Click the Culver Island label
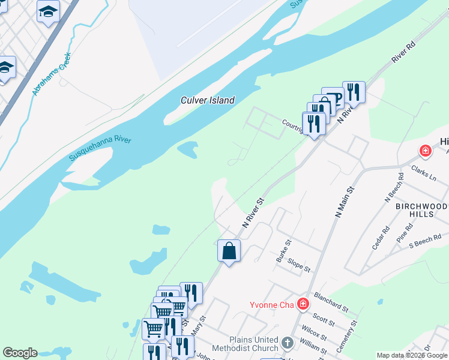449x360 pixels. pos(208,100)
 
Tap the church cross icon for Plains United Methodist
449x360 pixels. pos(288,344)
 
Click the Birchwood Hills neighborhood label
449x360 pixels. pos(421,211)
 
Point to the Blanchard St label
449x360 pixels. pos(331,304)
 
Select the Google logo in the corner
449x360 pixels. pos(20,353)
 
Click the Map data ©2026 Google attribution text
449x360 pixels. pos(412,355)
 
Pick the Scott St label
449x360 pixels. pos(324,320)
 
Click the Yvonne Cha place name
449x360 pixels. pos(272,304)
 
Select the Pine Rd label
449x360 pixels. pos(405,233)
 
